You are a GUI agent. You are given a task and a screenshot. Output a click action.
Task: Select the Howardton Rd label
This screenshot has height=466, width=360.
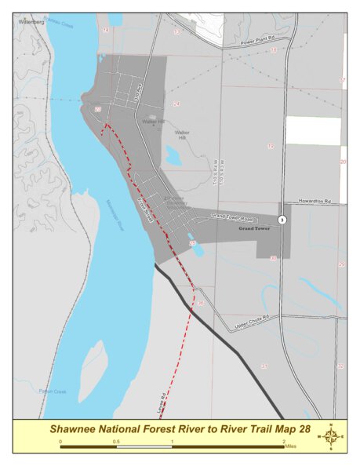click(x=316, y=201)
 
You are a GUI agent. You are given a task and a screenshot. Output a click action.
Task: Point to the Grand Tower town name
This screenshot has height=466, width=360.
click(x=253, y=229)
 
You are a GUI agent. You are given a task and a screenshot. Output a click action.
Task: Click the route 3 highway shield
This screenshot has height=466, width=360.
click(x=282, y=220)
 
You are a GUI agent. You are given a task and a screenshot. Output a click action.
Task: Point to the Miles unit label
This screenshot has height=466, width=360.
click(x=296, y=442)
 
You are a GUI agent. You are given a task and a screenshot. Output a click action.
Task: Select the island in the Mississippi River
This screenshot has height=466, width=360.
click(x=92, y=370)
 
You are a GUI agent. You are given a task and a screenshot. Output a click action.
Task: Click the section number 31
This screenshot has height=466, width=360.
click(x=264, y=366)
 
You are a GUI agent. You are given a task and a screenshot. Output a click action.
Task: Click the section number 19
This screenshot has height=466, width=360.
click(x=271, y=146)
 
